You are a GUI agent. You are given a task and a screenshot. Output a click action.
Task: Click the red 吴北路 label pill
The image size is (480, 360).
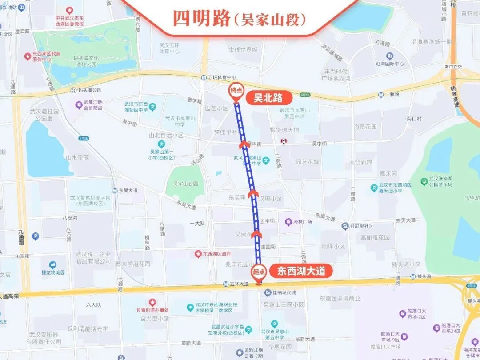[268, 98]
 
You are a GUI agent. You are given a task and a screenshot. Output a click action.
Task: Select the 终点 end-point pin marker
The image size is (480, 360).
[236, 91]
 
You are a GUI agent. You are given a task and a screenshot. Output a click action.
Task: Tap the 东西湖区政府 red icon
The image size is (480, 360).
[198, 254]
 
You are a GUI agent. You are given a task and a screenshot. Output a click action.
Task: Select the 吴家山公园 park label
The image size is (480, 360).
[185, 184]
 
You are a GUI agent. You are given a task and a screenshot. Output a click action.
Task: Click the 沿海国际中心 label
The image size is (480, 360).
[390, 64]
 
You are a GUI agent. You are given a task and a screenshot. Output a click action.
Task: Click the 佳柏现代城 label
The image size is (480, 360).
[284, 292]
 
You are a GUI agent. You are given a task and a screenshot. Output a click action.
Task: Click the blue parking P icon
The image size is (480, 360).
[35, 236]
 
